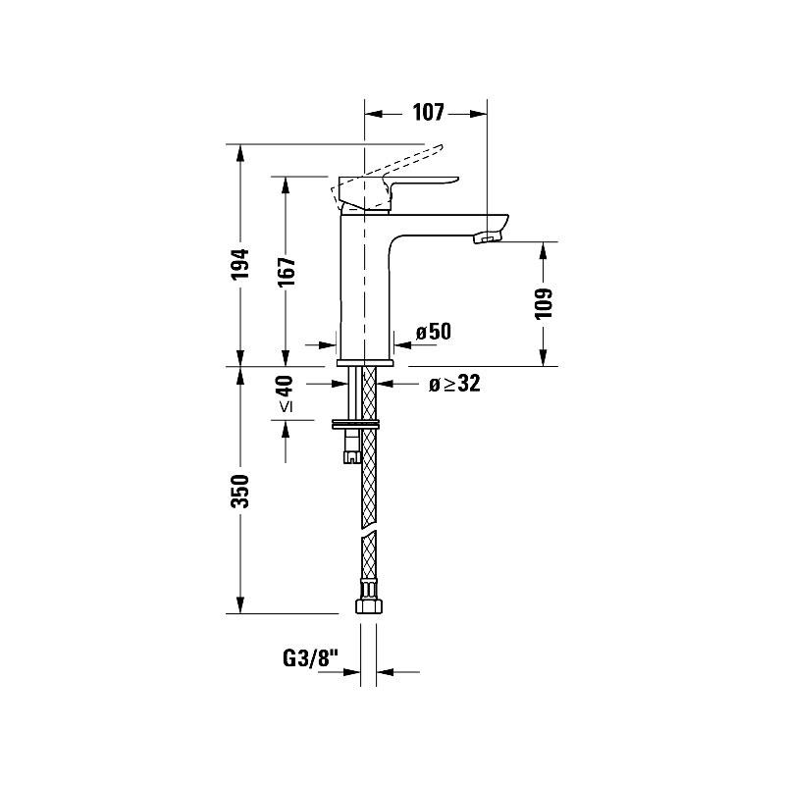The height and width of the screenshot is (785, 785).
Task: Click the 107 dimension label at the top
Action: click(x=428, y=112)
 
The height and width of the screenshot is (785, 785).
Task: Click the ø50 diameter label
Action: click(x=433, y=332)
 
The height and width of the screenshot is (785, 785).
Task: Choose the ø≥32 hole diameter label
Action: click(x=453, y=384)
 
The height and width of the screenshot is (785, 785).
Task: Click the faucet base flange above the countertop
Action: click(x=365, y=363)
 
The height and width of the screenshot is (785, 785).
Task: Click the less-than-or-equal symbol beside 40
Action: click(x=285, y=404)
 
